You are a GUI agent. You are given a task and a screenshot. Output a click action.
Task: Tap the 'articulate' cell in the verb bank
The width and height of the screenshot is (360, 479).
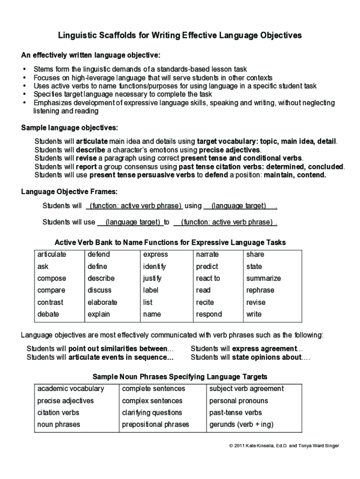[x=52, y=254]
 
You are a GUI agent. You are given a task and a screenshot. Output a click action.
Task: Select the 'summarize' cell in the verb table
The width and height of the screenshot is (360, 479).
[x=264, y=278]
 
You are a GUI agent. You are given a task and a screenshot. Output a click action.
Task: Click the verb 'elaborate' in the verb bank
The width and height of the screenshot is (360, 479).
[x=102, y=302]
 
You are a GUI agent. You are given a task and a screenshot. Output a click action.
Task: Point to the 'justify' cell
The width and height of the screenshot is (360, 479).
[x=152, y=278]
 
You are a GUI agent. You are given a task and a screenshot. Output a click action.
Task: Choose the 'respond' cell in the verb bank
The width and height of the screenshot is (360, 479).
[x=209, y=314]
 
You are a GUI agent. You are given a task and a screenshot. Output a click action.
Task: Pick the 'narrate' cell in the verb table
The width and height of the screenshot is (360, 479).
[x=208, y=254]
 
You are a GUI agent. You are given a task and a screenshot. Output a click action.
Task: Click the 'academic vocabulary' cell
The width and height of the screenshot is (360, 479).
[x=71, y=389]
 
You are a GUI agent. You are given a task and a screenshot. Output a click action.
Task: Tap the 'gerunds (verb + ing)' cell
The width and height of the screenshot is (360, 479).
[x=241, y=425]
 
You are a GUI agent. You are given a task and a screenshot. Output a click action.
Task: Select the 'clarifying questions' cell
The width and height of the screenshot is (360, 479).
[x=152, y=413]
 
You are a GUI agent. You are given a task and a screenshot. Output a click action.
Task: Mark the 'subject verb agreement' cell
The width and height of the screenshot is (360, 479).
[x=246, y=389]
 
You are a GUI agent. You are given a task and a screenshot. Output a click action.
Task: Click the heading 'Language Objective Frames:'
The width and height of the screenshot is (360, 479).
[x=70, y=192]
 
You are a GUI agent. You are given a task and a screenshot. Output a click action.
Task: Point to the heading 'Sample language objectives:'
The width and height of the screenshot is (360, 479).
[x=70, y=128]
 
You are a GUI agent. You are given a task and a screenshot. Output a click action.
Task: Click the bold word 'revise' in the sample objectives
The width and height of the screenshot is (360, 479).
[x=86, y=158]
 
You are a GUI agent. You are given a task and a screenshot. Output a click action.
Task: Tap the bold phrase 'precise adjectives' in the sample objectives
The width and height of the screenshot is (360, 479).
[x=230, y=150]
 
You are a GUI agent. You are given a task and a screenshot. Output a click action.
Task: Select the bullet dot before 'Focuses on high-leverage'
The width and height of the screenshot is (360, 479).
[x=24, y=78]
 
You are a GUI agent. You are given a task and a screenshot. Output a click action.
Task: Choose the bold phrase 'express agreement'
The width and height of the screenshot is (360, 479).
[x=264, y=349]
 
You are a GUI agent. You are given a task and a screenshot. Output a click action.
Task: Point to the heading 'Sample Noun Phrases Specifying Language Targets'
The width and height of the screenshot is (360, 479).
[x=180, y=377]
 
